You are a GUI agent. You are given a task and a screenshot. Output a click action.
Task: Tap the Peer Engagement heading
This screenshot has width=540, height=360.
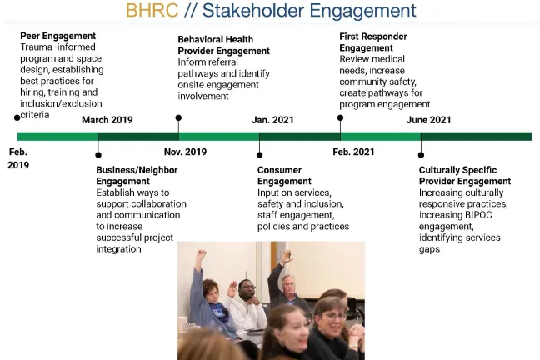coord(58,36)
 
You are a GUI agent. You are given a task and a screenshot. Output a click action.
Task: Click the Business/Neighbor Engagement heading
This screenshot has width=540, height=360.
coord(137,175)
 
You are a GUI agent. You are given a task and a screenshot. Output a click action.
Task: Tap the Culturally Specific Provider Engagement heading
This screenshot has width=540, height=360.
coord(464,175)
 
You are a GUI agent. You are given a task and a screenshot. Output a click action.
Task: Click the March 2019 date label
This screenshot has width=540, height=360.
coord(107,120)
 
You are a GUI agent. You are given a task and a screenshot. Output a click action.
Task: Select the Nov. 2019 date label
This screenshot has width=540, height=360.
coord(185,152)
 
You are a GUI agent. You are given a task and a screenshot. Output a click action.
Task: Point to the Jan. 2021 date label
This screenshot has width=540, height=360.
coord(272,120)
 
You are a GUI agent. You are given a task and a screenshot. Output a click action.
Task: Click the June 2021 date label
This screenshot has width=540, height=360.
coord(428,120)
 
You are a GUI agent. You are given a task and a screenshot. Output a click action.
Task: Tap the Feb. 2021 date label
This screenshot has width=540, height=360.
coord(353,152)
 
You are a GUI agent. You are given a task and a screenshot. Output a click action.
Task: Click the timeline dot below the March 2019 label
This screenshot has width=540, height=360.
coord(97,154)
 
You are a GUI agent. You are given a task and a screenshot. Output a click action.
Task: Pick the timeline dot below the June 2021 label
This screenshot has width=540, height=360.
coord(420,154)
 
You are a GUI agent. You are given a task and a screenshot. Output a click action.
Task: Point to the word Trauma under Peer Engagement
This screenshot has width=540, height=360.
coord(37,47)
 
